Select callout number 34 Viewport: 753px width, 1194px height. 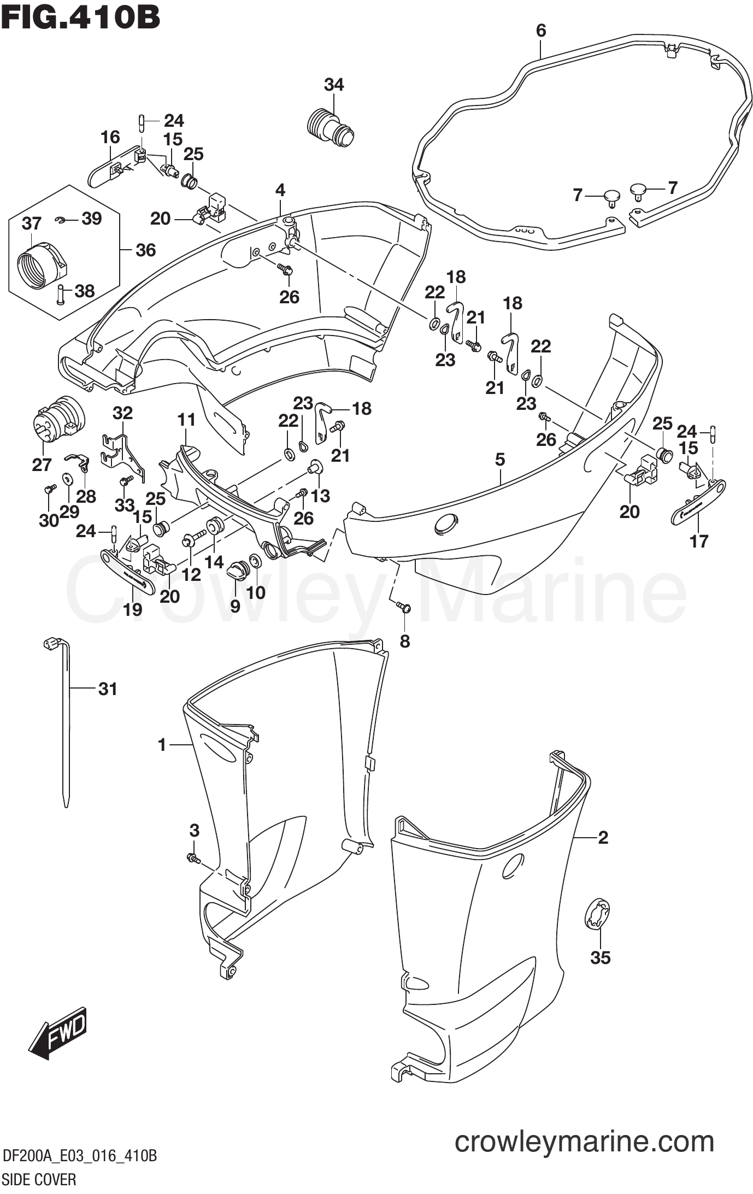coord(334,85)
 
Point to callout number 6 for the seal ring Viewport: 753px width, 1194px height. coord(540,31)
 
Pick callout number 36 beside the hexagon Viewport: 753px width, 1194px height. coord(145,250)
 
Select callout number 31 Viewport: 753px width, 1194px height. coord(108,689)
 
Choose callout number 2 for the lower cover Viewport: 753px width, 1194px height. coord(603,837)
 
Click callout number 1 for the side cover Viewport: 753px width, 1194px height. coord(162,744)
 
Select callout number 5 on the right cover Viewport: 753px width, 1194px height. coord(500,460)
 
